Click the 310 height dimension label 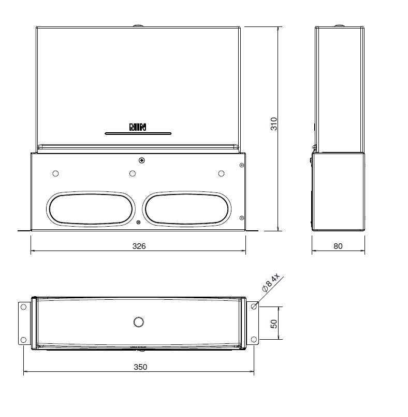[274, 123]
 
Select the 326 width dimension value [139, 246]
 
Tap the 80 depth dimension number [338, 246]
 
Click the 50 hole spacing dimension [274, 324]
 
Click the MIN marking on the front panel [138, 127]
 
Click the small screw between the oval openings [138, 223]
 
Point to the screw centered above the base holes [141, 160]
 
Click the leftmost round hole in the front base [56, 173]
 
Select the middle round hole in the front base [133, 173]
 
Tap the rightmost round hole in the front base [221, 173]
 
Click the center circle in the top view [138, 322]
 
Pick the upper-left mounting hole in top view [23, 307]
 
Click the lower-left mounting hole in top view [23, 340]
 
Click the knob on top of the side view [339, 25]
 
